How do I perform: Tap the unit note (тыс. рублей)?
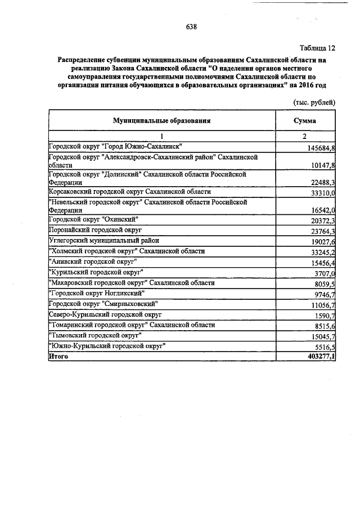(314, 102)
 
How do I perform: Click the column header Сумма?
(304, 120)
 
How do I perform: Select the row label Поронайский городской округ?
(96, 231)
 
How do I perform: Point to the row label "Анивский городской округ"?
(93, 262)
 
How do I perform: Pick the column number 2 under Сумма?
(304, 137)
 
